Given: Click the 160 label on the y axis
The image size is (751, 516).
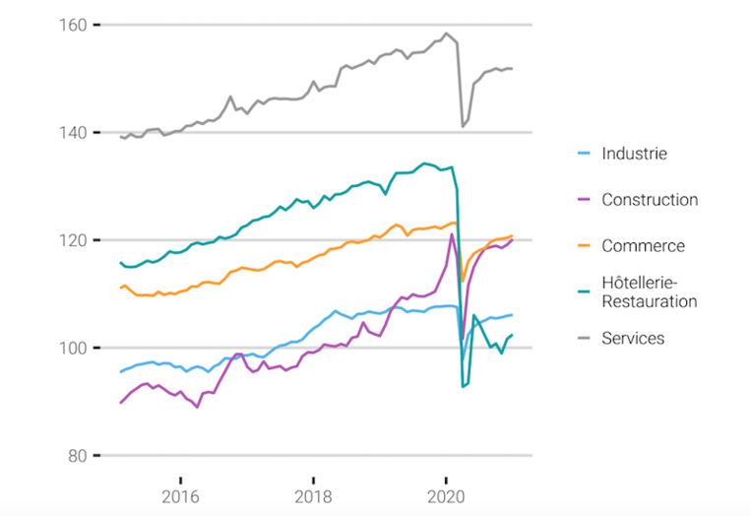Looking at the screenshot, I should pos(74,25).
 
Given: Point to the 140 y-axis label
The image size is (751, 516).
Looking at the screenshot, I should pos(74,132).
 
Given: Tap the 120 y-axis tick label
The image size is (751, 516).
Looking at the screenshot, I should pos(74,240).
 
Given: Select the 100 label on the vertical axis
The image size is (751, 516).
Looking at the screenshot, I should pos(74,348).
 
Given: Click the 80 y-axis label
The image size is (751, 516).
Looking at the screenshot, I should pos(78,455).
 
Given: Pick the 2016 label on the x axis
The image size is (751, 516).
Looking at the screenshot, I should pos(179,494).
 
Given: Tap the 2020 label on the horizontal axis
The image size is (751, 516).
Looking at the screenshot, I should pos(446,494).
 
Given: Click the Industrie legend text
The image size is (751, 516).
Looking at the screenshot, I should pos(634,154).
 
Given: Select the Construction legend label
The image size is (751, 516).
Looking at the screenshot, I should pos(650,200).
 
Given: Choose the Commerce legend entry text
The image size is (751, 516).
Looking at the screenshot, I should pos(643,246).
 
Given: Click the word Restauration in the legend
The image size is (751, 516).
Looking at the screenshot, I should pos(650,301).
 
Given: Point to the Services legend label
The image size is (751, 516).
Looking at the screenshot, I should pos(633,339).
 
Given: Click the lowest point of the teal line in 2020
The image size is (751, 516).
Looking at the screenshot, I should pos(463,387).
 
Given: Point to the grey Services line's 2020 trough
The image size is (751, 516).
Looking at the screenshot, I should pos(463,126).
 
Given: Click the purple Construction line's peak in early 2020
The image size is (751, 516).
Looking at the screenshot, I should pos(452,234).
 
